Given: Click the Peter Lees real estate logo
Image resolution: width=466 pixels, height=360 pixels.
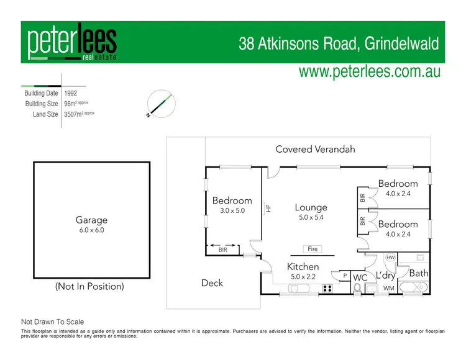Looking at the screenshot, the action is (x=71, y=43).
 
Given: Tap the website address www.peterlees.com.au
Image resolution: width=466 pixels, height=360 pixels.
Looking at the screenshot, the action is (x=369, y=71).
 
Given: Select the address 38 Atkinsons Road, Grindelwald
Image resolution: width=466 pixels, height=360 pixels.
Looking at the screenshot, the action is (x=339, y=44).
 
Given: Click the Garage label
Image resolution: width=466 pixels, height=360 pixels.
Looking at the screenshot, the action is (x=91, y=220).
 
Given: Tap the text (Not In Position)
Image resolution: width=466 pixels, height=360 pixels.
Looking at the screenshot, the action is (x=89, y=286).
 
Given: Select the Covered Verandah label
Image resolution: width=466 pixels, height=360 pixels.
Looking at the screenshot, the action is (x=315, y=149).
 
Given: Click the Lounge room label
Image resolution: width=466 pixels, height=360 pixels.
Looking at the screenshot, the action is (x=311, y=208).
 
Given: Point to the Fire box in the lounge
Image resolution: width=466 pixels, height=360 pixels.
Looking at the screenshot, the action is (x=313, y=249).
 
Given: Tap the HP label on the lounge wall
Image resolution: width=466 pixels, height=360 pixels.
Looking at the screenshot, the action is (x=268, y=209).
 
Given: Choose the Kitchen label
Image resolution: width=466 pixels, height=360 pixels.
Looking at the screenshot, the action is (x=303, y=267).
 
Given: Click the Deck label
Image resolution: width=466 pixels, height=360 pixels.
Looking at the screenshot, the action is (x=212, y=283).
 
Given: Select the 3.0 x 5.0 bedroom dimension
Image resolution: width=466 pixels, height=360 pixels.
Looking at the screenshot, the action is (x=232, y=210).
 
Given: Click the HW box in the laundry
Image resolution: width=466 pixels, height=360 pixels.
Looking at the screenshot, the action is (x=390, y=257).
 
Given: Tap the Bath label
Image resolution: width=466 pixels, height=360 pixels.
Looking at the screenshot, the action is (x=419, y=272).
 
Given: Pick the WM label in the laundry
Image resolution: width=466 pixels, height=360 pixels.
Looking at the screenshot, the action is (x=388, y=288).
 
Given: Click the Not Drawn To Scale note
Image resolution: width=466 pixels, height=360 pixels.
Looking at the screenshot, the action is (x=53, y=322).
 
